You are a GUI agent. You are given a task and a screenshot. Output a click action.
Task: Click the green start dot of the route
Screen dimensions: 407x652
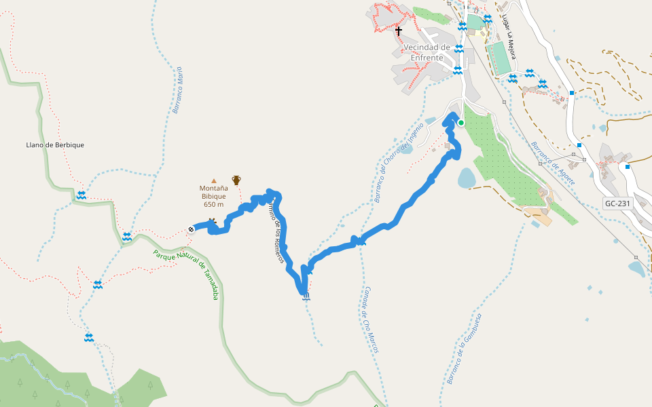tap(461, 123)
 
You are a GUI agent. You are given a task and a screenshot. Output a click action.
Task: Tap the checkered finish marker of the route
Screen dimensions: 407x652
tap(192, 229)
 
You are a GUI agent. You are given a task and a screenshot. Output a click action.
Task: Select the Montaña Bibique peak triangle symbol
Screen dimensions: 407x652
tap(214, 181)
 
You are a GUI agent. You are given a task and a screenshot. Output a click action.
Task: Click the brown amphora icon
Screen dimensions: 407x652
tap(236, 180)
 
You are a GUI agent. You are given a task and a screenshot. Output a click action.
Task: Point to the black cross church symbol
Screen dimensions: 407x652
tap(399, 31)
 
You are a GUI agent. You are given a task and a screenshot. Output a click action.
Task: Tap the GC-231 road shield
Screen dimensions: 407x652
tap(617, 203)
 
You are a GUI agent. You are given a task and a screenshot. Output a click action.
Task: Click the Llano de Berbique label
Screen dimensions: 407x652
tap(55, 144)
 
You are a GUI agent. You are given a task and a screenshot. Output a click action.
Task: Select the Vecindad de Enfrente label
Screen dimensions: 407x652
tap(427, 52)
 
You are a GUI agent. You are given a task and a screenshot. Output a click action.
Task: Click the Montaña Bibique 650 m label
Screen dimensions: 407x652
tap(213, 196)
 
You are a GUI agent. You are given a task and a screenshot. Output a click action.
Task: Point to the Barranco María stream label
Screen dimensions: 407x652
tap(177, 90)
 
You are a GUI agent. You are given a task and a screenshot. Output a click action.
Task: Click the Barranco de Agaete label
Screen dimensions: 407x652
tap(553, 163)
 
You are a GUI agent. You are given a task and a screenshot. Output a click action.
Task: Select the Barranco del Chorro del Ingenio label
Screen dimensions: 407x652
tap(399, 162)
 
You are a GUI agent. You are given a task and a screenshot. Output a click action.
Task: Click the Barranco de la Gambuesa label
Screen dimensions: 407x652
tap(465, 349)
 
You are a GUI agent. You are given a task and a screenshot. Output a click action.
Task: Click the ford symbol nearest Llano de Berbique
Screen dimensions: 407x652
tap(81, 195)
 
